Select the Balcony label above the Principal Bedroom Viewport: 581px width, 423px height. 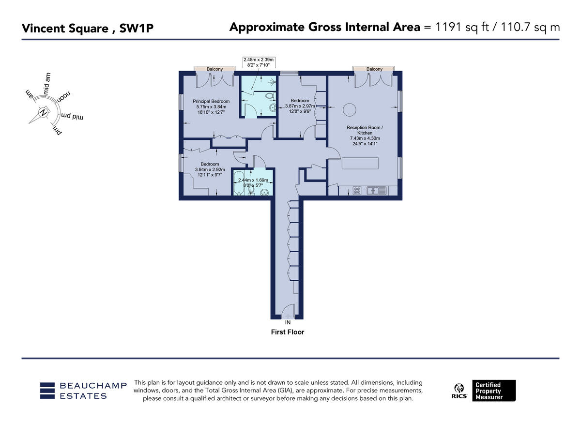pyautogui.click(x=214, y=69)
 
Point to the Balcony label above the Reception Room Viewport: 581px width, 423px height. pyautogui.click(x=374, y=69)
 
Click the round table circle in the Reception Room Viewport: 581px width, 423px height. pyautogui.click(x=349, y=110)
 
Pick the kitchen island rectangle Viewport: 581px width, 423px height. pyautogui.click(x=360, y=163)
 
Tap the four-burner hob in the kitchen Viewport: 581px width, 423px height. pyautogui.click(x=357, y=191)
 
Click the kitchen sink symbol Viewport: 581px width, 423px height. pyautogui.click(x=377, y=191)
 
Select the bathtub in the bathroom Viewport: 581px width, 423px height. pyautogui.click(x=239, y=182)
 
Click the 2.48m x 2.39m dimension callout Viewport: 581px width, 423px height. pyautogui.click(x=259, y=62)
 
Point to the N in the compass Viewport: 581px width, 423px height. pyautogui.click(x=43, y=113)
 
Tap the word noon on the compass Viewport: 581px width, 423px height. pyautogui.click(x=63, y=97)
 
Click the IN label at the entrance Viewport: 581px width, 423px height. pyautogui.click(x=288, y=322)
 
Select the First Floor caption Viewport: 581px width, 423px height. pyautogui.click(x=288, y=332)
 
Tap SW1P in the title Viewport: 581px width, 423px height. pyautogui.click(x=137, y=28)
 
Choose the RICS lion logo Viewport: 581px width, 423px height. pyautogui.click(x=459, y=391)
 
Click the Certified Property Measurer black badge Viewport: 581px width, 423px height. pyautogui.click(x=494, y=391)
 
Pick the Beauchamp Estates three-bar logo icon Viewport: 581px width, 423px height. pyautogui.click(x=47, y=391)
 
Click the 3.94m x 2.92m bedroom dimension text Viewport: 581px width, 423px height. pyautogui.click(x=210, y=169)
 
